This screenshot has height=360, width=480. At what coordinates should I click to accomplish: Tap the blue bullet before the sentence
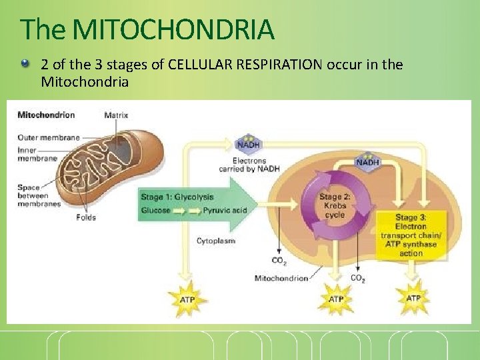tap(25, 64)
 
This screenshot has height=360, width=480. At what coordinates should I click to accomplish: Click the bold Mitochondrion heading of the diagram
tap(46, 115)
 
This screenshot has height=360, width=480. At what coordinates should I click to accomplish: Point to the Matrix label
tap(116, 115)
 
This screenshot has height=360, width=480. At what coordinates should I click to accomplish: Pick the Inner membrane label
tap(36, 155)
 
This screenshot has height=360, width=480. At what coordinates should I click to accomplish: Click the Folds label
tap(85, 217)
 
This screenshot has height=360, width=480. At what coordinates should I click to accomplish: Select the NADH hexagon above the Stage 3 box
tap(368, 162)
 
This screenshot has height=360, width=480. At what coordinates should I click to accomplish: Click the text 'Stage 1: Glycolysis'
tap(177, 197)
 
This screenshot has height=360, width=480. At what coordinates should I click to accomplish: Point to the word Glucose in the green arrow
tap(155, 211)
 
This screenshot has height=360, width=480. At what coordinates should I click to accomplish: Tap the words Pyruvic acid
tap(225, 211)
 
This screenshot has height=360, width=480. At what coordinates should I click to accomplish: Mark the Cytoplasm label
tap(215, 241)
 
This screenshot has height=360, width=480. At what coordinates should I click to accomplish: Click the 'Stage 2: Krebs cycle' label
tap(335, 205)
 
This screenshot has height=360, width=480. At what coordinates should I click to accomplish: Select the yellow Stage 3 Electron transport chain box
tap(411, 235)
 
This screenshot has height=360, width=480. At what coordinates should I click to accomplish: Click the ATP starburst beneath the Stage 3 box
tap(413, 298)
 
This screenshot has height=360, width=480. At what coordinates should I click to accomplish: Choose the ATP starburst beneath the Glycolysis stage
tap(187, 300)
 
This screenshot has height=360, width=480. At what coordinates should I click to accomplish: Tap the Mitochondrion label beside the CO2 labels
tap(281, 278)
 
